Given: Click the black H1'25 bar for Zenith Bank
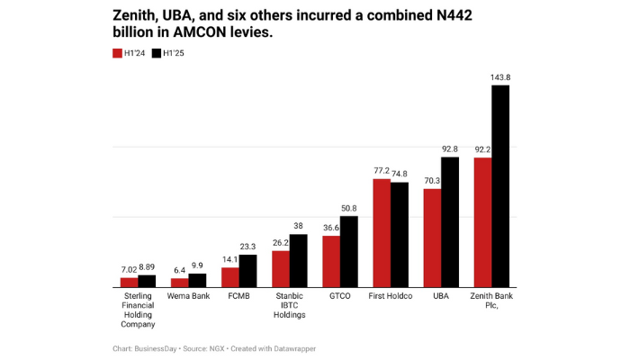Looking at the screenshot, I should (x=500, y=186).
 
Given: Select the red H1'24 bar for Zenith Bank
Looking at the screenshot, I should (x=483, y=222).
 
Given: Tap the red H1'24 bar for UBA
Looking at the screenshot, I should (x=433, y=238).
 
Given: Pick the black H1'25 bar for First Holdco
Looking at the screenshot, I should (x=400, y=234).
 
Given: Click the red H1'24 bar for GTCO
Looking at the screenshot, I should (x=332, y=261).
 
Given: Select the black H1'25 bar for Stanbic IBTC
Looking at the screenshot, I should (x=299, y=260).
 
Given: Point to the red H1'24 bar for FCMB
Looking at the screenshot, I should (x=231, y=277).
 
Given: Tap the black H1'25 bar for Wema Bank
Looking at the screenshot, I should (x=198, y=280).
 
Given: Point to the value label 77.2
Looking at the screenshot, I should (x=382, y=170).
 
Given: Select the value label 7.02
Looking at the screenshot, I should (x=130, y=268).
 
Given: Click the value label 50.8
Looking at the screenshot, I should (x=349, y=208).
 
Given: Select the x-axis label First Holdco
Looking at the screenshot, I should (x=391, y=295).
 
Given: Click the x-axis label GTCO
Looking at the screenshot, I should (x=340, y=295).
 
